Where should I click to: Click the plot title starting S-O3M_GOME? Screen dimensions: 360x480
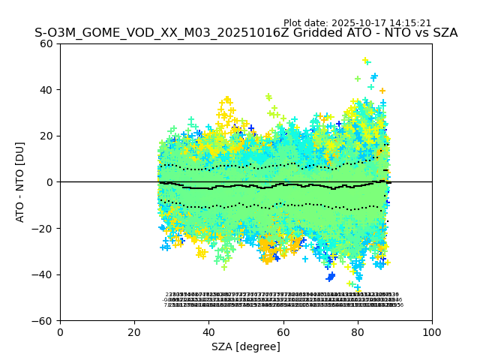(x=246, y=33)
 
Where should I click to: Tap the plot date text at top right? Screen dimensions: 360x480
(x=357, y=23)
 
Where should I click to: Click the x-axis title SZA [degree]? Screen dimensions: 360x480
(x=246, y=346)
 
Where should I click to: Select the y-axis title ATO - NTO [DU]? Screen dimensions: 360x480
(x=20, y=182)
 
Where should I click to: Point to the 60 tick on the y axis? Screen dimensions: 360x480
(x=46, y=43)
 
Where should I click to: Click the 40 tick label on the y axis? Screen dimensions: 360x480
(x=46, y=90)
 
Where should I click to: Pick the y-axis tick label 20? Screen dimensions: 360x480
(x=46, y=136)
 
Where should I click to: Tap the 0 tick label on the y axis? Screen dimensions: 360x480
(x=49, y=182)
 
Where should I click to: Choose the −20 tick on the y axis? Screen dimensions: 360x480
(x=43, y=229)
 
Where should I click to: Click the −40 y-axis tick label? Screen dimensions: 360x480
(x=43, y=274)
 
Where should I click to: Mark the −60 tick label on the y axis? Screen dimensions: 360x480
(x=43, y=321)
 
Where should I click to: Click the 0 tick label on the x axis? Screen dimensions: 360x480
(x=60, y=332)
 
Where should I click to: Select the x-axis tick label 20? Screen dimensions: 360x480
(x=134, y=332)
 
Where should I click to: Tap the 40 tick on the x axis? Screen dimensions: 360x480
(x=208, y=332)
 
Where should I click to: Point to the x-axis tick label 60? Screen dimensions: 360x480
(x=283, y=332)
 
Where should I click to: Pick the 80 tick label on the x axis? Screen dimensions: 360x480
(x=358, y=332)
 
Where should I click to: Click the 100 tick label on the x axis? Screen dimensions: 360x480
(x=432, y=332)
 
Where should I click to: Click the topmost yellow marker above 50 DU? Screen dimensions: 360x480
(x=365, y=60)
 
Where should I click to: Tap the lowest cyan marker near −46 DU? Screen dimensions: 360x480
(x=358, y=288)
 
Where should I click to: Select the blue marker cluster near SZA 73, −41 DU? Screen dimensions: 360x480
(x=331, y=277)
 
